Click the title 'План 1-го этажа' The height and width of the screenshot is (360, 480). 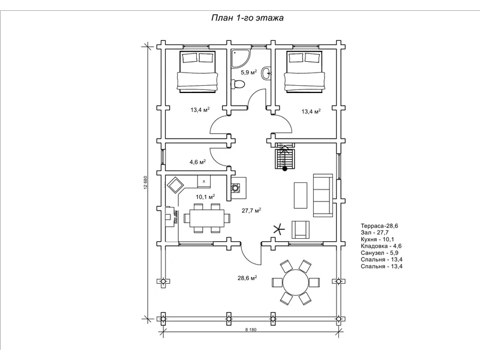[247, 18]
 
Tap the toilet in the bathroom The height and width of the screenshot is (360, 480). [238, 84]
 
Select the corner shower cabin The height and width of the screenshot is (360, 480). [241, 58]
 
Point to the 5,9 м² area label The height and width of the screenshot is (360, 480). [248, 72]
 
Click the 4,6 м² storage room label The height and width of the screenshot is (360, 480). [197, 162]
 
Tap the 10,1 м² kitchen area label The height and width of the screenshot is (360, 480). [205, 197]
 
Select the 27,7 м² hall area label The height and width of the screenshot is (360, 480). [251, 211]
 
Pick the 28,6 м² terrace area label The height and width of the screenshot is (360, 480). [247, 278]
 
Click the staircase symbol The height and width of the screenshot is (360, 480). [284, 156]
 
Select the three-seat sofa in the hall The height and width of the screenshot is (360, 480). [323, 196]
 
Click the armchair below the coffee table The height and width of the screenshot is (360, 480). [301, 230]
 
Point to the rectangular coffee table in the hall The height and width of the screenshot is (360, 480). [301, 196]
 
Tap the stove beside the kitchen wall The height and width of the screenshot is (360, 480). [236, 187]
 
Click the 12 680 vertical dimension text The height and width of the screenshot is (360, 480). [146, 182]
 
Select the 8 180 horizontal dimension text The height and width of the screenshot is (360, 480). [251, 329]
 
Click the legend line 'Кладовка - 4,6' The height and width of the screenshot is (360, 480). [381, 246]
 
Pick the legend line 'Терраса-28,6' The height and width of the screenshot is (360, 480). [379, 226]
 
